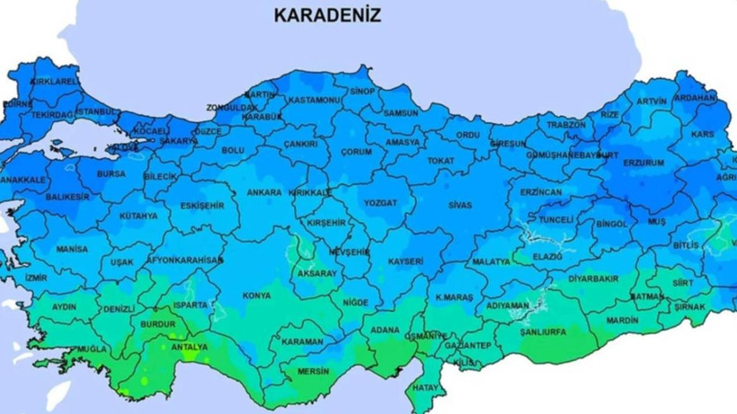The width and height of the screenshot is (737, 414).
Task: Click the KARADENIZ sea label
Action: pos(327,15)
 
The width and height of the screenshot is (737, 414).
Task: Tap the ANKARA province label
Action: pos(264,192)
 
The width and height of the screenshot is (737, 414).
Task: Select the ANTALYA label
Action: pos(189,347)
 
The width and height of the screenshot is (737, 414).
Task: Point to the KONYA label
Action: pos(256,295)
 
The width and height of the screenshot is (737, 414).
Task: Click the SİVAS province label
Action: pos(457,205)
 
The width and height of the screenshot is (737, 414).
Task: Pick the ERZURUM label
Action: pos(644,163)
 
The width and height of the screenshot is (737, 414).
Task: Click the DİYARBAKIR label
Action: pos(593,278)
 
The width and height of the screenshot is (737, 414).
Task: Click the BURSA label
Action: pos(111,173)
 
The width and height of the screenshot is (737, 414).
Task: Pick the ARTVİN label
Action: pos(652,101)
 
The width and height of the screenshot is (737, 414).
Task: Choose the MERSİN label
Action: pos(312,372)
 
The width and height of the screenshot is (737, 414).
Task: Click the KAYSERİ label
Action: pos(405,261)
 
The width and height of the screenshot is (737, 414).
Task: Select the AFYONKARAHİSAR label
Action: pos(185,260)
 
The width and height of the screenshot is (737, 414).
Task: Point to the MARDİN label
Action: pos(622,320)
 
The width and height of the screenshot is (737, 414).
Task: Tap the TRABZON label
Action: pos(566,125)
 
